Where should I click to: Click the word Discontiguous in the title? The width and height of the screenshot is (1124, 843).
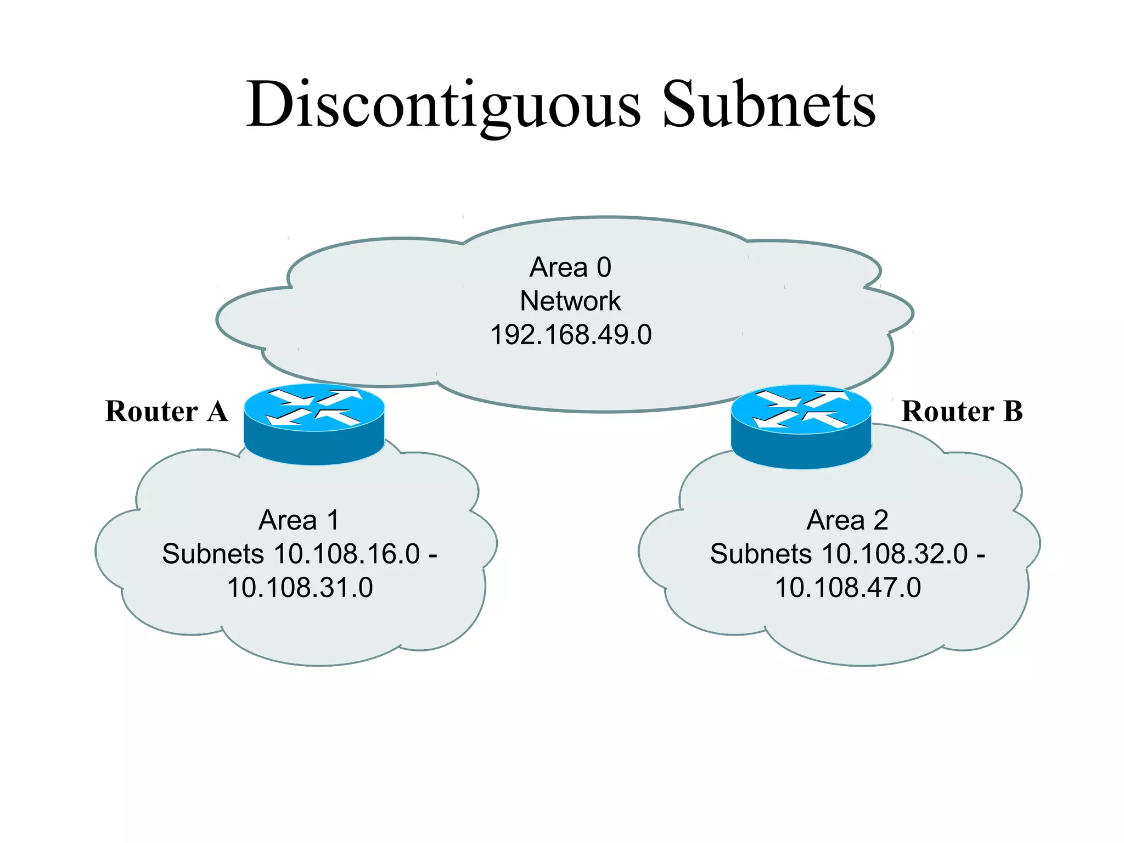(443, 104)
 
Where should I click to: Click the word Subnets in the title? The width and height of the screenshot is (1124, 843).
(768, 104)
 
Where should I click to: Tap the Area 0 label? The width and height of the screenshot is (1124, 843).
(570, 267)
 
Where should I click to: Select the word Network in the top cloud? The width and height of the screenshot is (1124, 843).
(570, 301)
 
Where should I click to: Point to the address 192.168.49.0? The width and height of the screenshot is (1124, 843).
(570, 335)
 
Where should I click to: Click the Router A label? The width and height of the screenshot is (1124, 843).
(166, 411)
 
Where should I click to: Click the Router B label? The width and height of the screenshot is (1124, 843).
(962, 411)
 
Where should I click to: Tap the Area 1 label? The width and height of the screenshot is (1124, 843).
(299, 520)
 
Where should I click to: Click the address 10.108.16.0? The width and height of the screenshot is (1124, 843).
(347, 554)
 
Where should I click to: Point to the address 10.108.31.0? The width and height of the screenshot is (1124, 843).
(300, 588)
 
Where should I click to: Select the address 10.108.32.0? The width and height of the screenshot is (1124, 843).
(895, 554)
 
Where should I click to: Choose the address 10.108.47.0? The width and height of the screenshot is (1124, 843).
(847, 588)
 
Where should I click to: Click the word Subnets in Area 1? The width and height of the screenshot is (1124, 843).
(213, 554)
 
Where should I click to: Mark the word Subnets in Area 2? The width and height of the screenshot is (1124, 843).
(761, 554)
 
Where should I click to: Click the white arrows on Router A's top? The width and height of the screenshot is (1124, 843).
(314, 407)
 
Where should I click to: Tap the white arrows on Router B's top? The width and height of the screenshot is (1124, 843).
(801, 409)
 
